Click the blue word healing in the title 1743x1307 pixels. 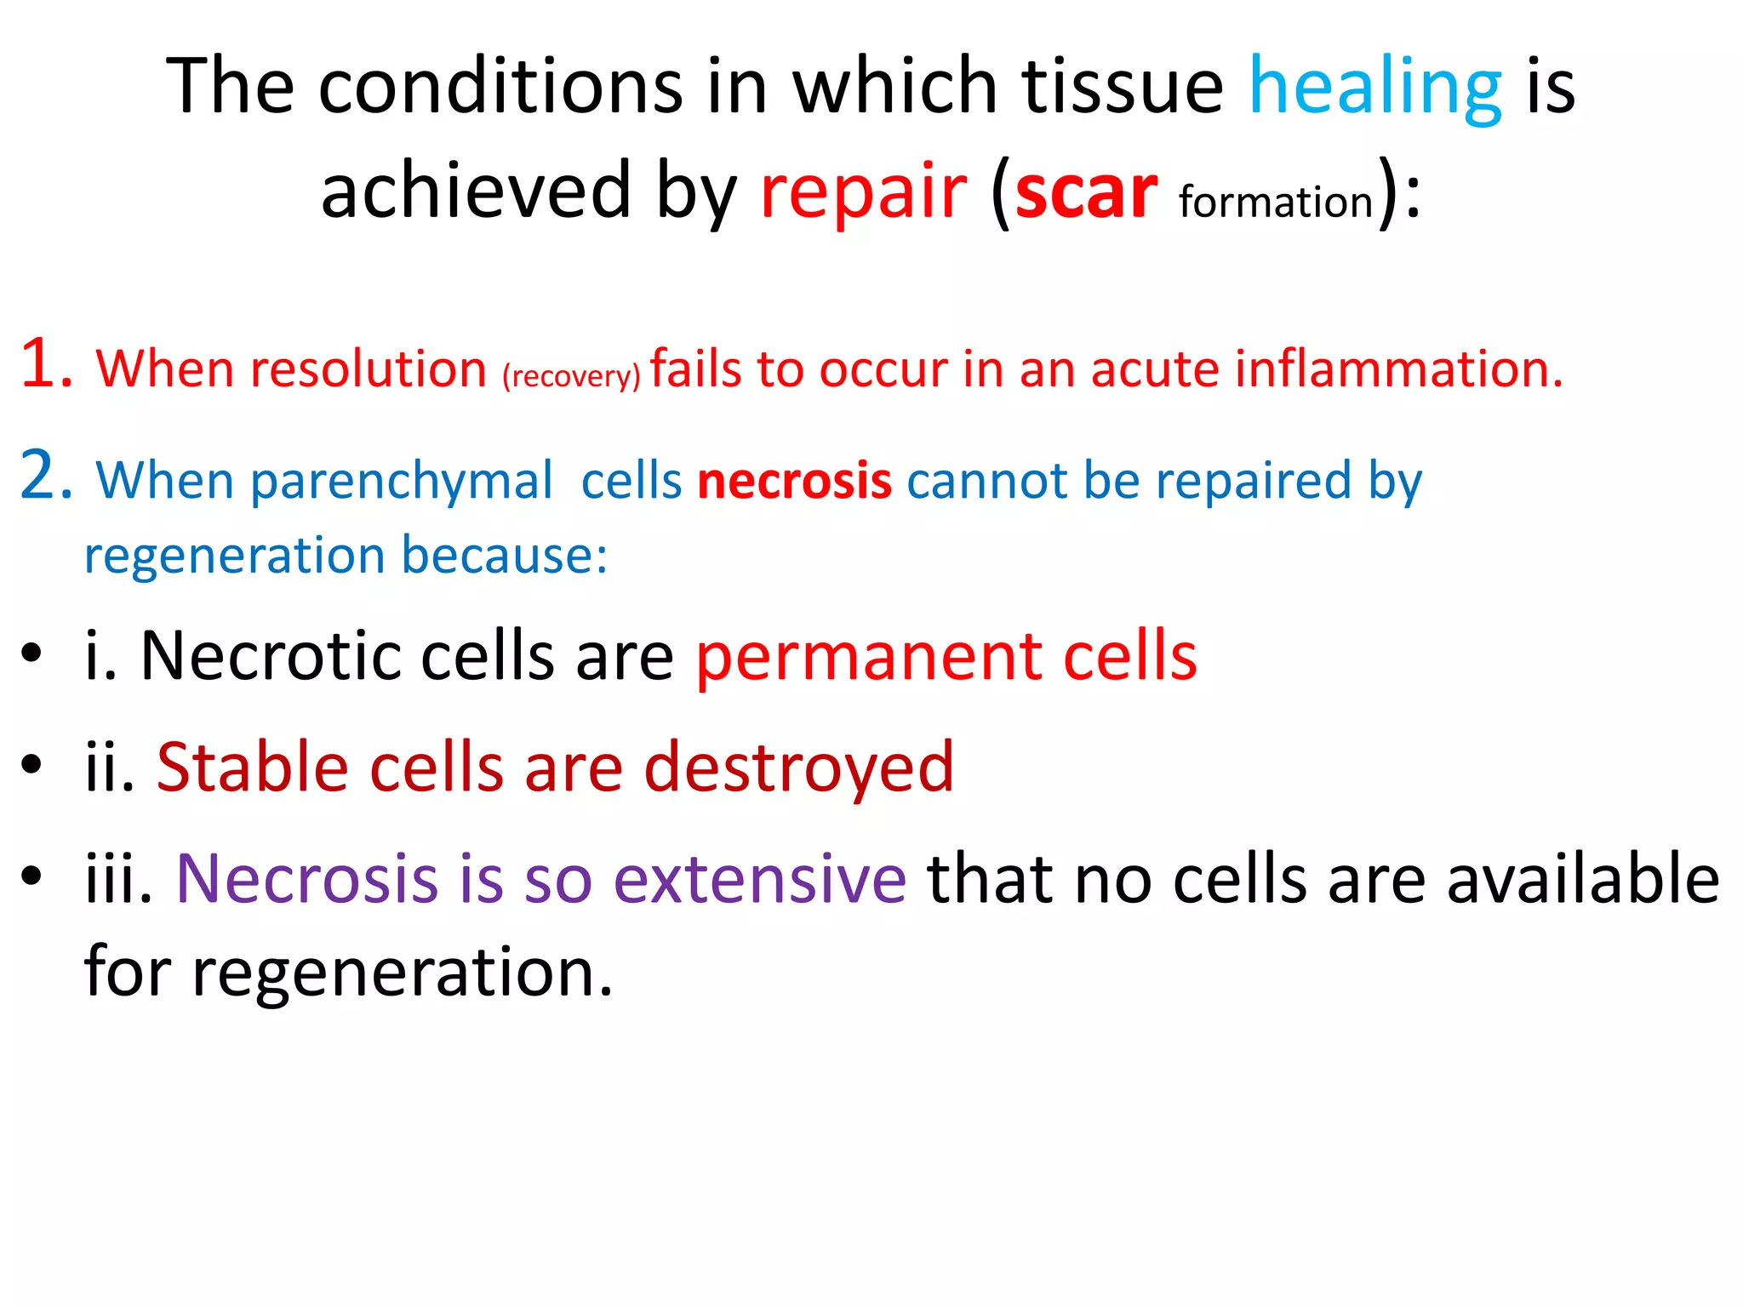(1374, 88)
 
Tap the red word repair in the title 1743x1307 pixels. (862, 194)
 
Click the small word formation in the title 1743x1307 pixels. (1276, 203)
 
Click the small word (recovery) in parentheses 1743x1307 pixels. (570, 375)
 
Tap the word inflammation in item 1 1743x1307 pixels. (1397, 369)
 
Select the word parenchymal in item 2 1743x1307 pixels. (401, 482)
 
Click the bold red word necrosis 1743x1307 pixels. (794, 481)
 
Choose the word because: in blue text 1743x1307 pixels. (504, 556)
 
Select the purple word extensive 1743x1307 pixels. (759, 878)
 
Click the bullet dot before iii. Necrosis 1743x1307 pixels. (31, 876)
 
